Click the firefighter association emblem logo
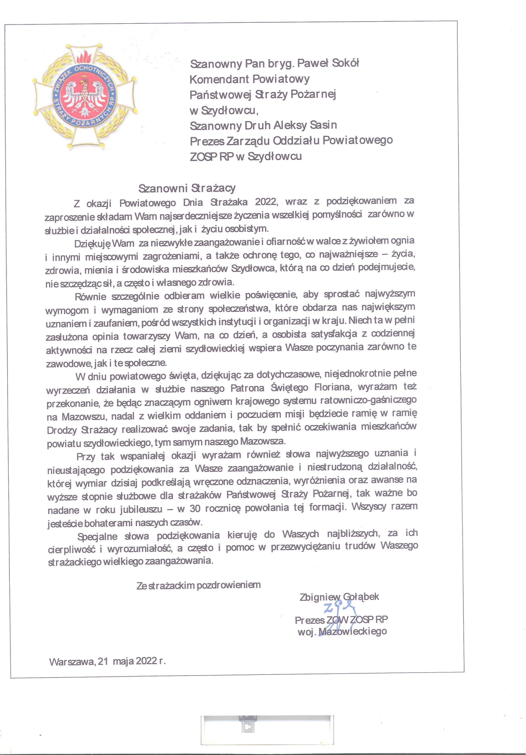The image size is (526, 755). (x=85, y=95)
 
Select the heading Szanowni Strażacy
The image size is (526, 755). (x=187, y=188)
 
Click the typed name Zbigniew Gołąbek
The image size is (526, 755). (x=339, y=597)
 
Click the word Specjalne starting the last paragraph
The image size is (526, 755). (x=97, y=537)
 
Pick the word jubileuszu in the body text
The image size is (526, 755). (x=141, y=510)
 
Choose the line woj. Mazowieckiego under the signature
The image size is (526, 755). (x=342, y=632)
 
